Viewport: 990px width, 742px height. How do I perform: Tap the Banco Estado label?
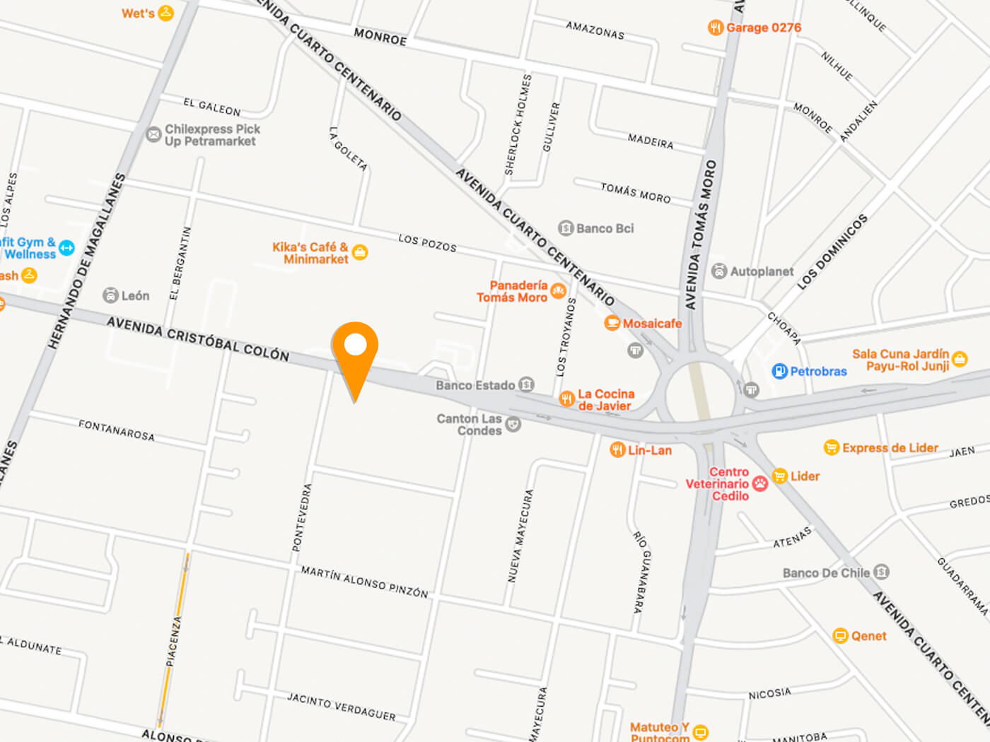475,385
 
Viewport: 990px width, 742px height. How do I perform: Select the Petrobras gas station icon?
779,371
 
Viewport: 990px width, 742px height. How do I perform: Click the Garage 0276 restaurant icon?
715,28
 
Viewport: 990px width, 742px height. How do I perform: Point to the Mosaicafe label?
652,324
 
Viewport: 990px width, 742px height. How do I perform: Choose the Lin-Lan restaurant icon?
617,449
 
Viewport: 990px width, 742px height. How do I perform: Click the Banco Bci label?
605,228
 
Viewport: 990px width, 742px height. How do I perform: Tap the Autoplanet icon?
719,271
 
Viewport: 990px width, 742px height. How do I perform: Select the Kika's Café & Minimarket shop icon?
360,252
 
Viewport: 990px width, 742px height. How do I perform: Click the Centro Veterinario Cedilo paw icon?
760,483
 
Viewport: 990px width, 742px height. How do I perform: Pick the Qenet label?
868,636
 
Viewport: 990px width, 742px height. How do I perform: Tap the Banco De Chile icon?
881,572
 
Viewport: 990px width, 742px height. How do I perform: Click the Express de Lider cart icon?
832,448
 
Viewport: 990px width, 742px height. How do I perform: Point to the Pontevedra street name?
301,517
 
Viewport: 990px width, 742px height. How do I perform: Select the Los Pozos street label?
427,242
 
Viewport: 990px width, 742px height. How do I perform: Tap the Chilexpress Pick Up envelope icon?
153,134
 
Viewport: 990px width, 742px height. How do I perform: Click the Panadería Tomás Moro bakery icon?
558,291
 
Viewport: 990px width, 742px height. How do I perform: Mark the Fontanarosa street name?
116,430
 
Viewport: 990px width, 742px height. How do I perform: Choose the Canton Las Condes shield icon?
513,425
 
